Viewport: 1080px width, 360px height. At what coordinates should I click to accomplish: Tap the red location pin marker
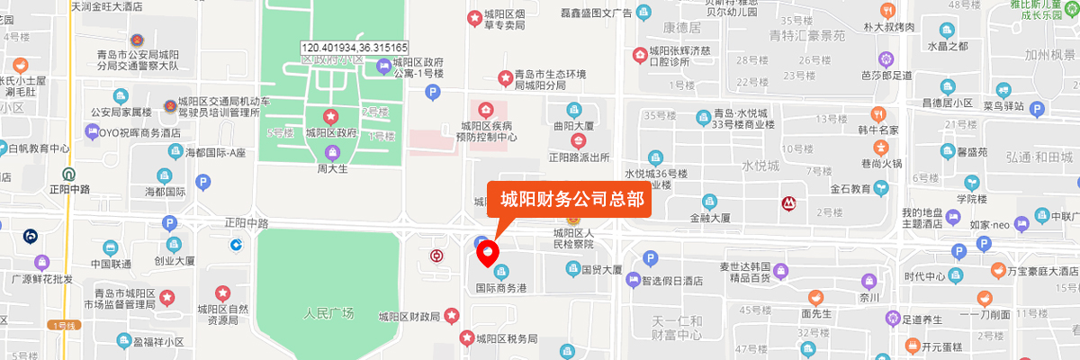pos(487,254)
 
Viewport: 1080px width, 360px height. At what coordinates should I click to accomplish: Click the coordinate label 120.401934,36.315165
pos(355,48)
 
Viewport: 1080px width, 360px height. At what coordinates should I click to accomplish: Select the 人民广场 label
pos(328,314)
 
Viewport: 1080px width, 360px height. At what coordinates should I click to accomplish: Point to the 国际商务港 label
pos(501,288)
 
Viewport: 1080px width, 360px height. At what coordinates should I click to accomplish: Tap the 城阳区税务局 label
pos(507,338)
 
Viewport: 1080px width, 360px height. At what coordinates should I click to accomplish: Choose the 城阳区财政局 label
pos(409,316)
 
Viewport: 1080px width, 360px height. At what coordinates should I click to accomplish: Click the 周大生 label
pos(331,167)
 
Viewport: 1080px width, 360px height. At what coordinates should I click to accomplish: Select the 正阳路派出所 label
pos(579,156)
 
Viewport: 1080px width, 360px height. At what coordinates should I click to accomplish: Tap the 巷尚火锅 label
pos(880,163)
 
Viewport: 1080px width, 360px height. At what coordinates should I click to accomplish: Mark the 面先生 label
pos(814,314)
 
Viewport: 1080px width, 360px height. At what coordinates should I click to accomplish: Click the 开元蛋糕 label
pos(944,344)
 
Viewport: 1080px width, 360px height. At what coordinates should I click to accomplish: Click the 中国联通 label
pos(111,264)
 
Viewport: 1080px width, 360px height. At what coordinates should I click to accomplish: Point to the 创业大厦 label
pos(175,262)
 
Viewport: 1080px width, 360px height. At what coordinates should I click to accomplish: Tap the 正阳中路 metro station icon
pos(68,174)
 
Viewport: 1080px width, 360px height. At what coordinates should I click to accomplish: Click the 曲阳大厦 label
pos(575,127)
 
